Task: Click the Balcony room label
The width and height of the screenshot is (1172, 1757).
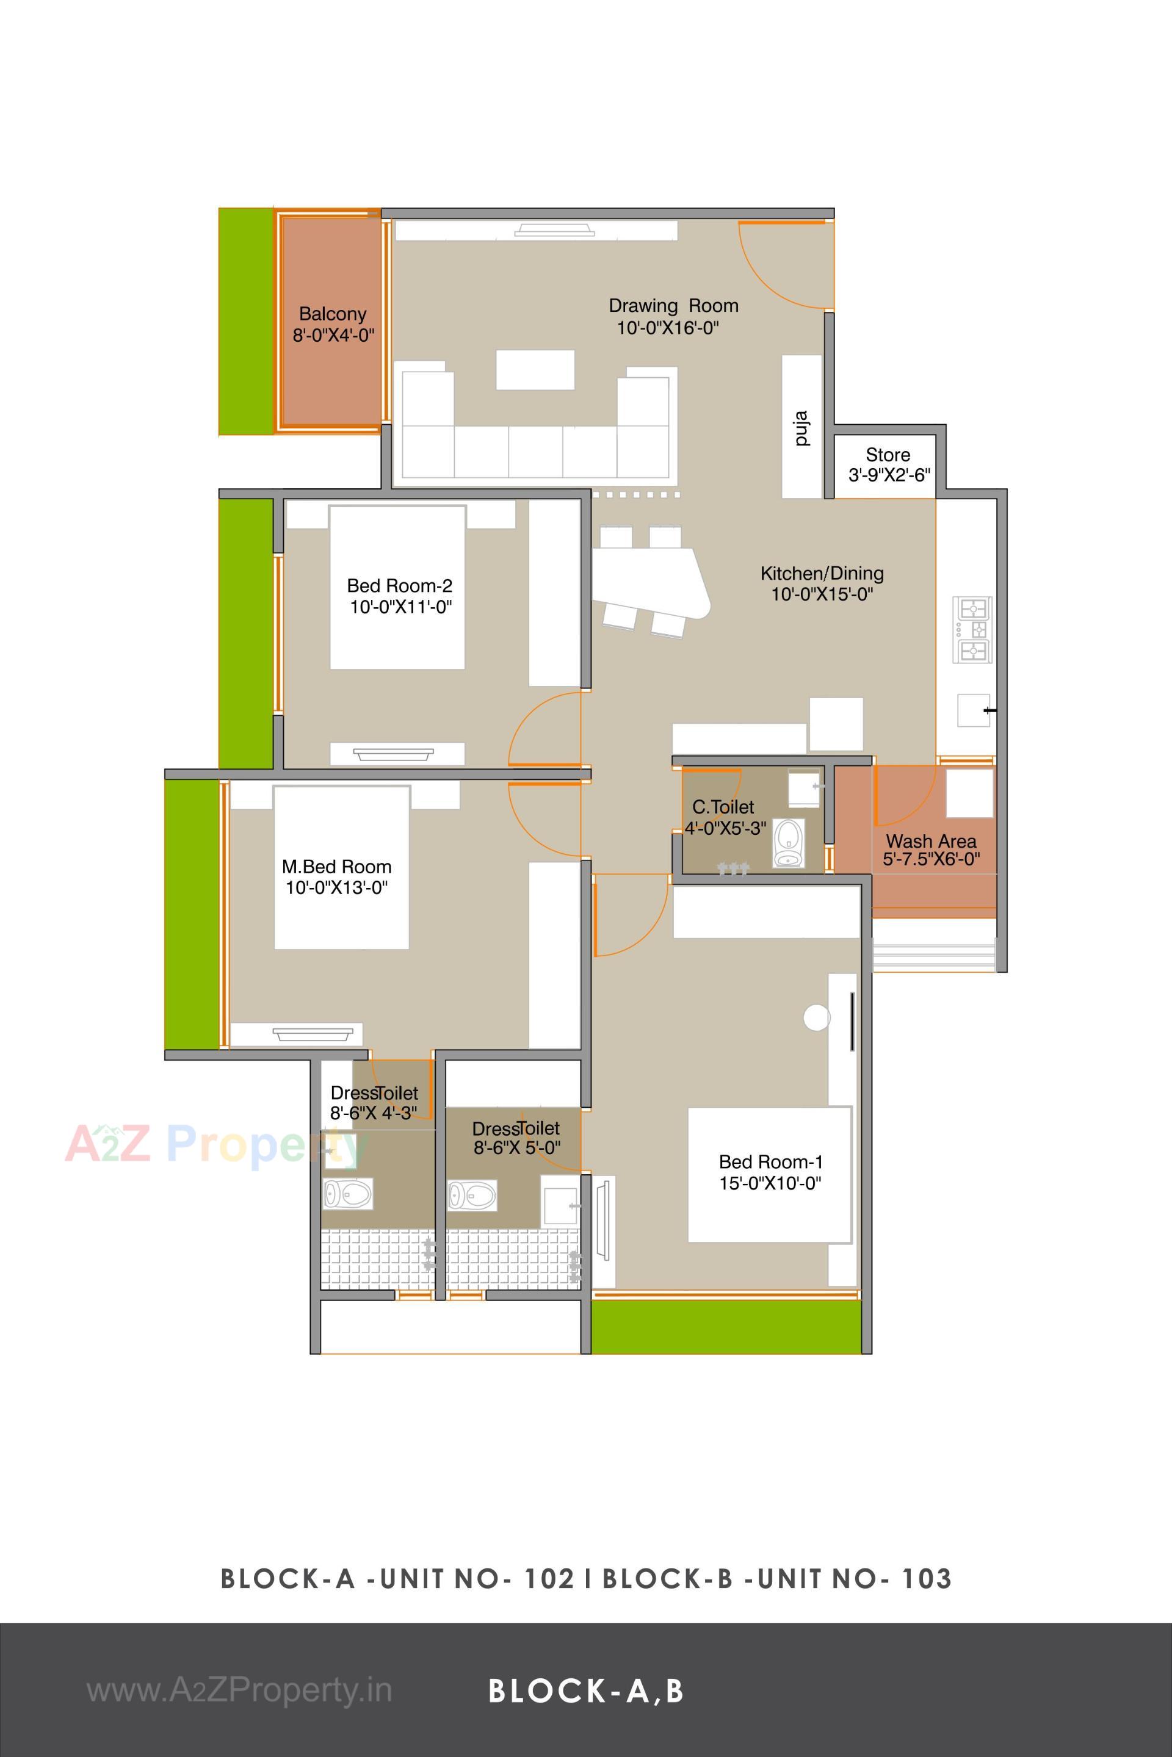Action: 333,314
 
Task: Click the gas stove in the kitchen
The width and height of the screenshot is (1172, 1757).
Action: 972,629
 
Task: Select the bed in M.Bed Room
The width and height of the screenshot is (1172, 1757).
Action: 342,867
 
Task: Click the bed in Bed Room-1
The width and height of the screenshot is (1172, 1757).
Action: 769,1174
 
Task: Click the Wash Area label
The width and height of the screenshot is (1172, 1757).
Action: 930,841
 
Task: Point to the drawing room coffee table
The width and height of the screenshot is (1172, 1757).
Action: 535,369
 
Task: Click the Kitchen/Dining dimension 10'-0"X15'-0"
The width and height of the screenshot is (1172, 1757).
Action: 822,595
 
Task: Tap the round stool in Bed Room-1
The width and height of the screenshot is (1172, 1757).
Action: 816,1017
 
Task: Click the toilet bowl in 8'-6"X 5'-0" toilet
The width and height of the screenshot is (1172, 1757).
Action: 472,1195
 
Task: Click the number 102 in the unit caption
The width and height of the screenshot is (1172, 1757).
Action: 549,1578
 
